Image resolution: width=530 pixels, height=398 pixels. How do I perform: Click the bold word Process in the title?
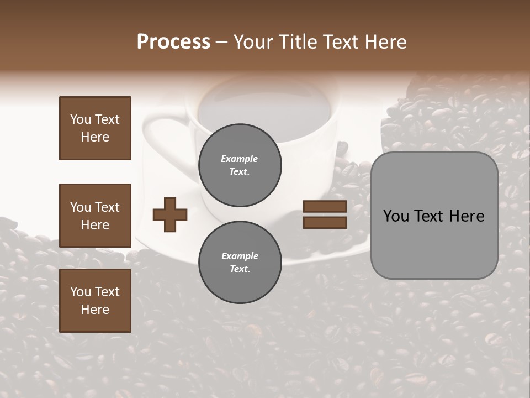point(173,42)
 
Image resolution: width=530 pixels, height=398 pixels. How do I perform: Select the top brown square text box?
point(95,128)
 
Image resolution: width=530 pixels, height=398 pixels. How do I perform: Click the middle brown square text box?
point(95,216)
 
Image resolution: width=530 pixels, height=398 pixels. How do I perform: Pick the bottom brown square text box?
point(95,301)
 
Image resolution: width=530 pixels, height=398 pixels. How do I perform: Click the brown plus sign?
point(170,214)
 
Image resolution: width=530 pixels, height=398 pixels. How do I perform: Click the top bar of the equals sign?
point(325,207)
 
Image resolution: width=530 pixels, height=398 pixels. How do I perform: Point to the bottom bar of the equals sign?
point(325,222)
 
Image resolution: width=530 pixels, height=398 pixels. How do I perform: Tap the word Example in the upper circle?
point(240,159)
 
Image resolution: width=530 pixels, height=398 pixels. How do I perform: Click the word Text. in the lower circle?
point(240,269)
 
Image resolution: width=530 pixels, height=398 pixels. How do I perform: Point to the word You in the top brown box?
point(80,119)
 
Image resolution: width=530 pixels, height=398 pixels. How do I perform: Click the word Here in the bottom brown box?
point(95,310)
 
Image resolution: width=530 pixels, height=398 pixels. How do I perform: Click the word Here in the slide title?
point(385,42)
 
